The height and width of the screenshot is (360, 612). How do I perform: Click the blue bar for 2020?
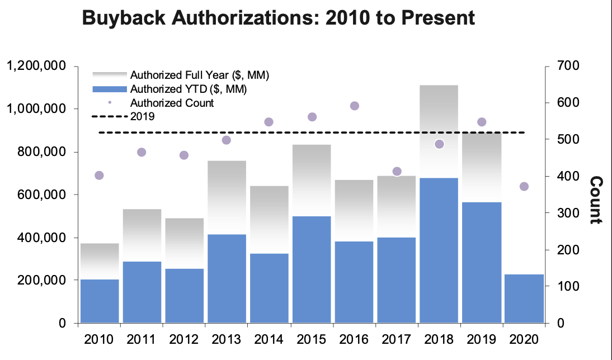tap(524, 299)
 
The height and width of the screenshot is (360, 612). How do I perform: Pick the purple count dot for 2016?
tap(354, 106)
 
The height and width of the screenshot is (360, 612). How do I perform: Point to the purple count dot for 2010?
tap(100, 176)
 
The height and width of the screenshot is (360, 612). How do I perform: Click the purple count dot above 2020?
tap(524, 187)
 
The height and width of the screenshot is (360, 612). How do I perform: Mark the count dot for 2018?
tap(439, 144)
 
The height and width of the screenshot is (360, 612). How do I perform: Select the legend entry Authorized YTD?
tap(189, 89)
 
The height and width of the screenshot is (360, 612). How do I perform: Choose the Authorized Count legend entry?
tap(172, 103)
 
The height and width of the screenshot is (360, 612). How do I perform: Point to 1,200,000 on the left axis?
tap(37, 67)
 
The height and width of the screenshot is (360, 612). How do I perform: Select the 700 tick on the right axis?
tap(567, 67)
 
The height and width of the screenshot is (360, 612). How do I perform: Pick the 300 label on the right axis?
tap(567, 213)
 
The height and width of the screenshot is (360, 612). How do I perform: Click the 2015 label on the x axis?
tap(312, 339)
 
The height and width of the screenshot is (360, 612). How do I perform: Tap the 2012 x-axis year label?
tap(184, 339)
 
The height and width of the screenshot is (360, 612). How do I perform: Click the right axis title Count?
tap(596, 200)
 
